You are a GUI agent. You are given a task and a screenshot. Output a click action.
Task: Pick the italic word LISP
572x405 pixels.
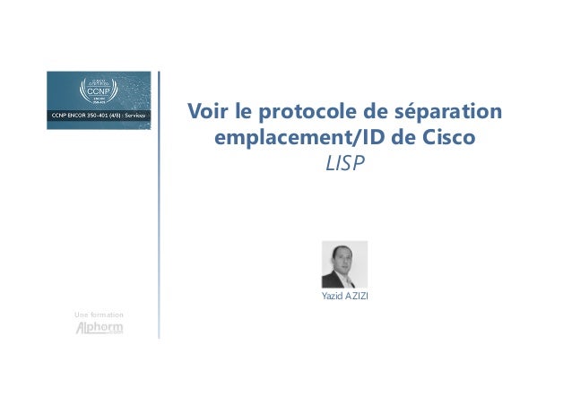click(x=344, y=167)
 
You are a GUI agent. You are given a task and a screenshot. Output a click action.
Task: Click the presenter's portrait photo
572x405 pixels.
click(x=344, y=264)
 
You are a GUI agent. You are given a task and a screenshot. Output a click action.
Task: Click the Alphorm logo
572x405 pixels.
click(x=99, y=328)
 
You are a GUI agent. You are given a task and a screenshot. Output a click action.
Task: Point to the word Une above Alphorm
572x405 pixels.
click(x=82, y=315)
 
